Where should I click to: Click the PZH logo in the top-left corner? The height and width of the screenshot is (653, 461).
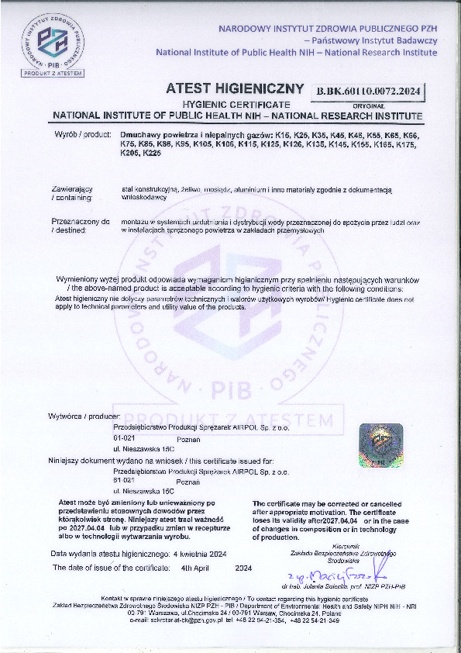click(53, 38)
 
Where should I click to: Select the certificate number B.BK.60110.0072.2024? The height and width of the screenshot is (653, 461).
click(368, 92)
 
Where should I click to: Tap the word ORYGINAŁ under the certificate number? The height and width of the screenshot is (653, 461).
click(368, 103)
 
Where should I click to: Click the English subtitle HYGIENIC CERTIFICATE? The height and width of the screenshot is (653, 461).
click(236, 104)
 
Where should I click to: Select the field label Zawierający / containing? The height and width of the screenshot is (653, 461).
click(72, 193)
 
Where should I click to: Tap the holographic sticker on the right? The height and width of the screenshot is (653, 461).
click(380, 444)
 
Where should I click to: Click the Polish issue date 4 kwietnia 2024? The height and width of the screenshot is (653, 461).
click(200, 554)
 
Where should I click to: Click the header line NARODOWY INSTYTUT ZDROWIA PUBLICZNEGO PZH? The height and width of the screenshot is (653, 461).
click(328, 28)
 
